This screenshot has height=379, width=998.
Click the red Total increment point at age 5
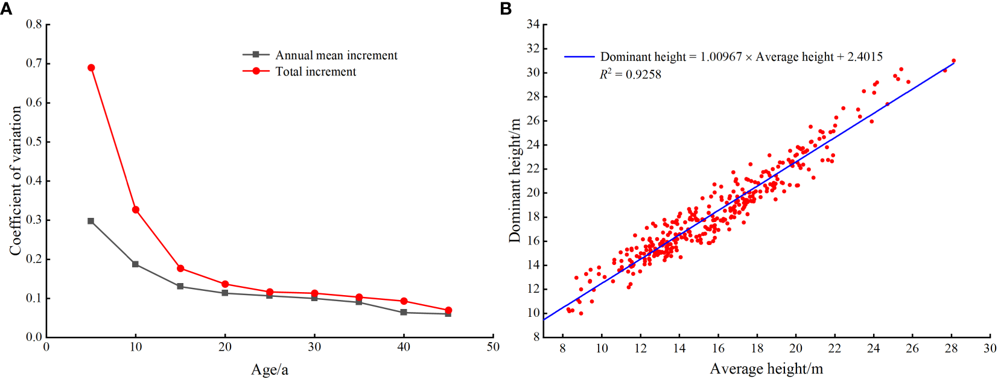click(x=91, y=68)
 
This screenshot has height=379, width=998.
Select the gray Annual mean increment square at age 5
click(x=91, y=221)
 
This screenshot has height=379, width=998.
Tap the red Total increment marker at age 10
click(x=136, y=210)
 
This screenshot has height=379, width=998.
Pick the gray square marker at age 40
click(x=404, y=313)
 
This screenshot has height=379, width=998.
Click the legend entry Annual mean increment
click(x=336, y=55)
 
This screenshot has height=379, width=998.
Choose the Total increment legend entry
click(x=316, y=71)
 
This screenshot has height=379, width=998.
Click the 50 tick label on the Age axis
click(x=493, y=347)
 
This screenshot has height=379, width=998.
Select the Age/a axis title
click(x=270, y=369)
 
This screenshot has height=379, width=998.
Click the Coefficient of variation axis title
click(x=15, y=180)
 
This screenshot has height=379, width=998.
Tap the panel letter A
click(x=6, y=8)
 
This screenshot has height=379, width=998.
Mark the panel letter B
click(x=506, y=8)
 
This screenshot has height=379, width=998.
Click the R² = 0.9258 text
click(x=630, y=74)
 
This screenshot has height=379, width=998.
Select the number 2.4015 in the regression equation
click(x=865, y=57)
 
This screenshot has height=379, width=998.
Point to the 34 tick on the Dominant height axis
click(x=533, y=25)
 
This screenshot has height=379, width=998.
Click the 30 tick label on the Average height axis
click(x=990, y=348)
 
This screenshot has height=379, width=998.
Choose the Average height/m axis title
click(x=766, y=369)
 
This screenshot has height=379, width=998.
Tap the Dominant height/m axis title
click(x=514, y=180)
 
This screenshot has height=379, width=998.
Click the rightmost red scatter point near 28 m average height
click(x=953, y=61)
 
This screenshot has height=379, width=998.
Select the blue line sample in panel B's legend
click(x=579, y=57)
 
